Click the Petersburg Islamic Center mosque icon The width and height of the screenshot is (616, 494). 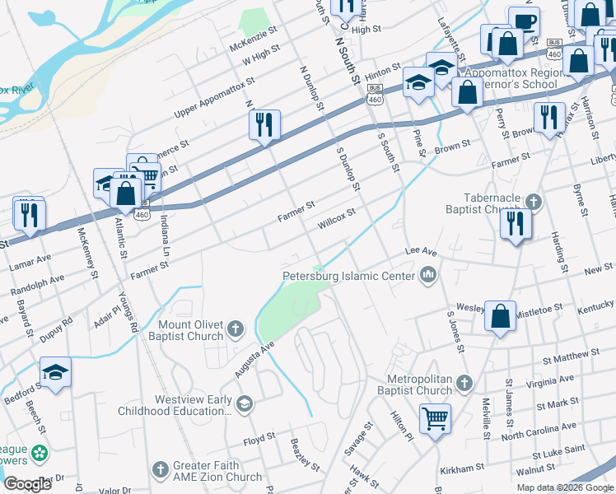click(x=427, y=277)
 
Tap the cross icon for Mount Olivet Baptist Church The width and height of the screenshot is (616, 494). click(x=236, y=329)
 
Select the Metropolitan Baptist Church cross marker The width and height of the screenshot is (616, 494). click(x=465, y=384)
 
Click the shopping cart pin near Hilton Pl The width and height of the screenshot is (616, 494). click(x=435, y=417)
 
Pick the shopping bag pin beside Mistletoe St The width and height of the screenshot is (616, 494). click(x=500, y=315)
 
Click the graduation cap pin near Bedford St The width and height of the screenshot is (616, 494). click(x=55, y=372)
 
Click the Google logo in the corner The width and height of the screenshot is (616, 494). click(x=27, y=484)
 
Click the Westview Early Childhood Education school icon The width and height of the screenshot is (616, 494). click(x=244, y=403)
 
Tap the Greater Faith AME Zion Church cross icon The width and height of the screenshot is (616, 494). click(x=161, y=470)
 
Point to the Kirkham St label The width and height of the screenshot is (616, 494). click(x=461, y=468)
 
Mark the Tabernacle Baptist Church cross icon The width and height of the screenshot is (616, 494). click(x=534, y=202)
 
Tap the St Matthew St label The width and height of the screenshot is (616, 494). click(x=572, y=357)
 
